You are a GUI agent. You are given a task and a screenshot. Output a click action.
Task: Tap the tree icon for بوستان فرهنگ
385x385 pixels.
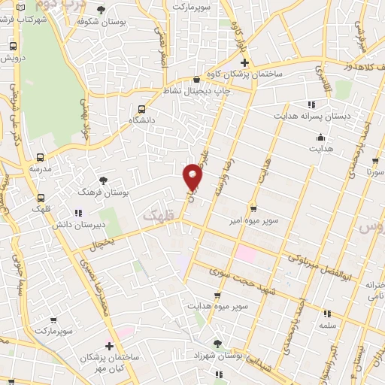coord(103,180)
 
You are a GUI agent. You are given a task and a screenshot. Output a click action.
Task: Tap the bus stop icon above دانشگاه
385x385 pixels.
coord(142,108)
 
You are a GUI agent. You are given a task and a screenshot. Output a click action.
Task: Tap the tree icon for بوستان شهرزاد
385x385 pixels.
coord(220,341)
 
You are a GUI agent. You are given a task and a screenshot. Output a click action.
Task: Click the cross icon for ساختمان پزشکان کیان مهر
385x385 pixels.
coord(110,347)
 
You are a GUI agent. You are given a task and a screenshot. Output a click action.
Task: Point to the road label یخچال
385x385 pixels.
coord(103,245)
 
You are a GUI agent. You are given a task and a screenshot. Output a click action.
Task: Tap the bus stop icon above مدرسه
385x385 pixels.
coord(39,158)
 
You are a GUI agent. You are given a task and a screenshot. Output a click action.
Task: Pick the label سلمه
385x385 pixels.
coord(326,326)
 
